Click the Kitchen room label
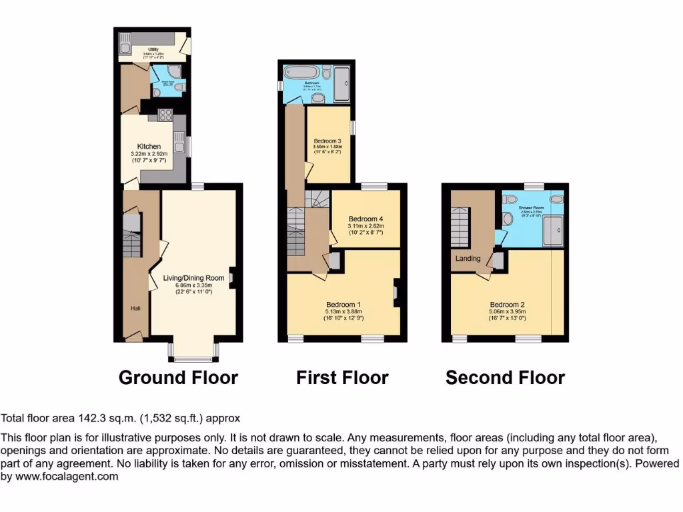149,146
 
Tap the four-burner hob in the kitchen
165,115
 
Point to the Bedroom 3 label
327,141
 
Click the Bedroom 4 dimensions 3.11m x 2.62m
366,226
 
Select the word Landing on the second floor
468,259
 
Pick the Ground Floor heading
178,378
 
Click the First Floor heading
342,378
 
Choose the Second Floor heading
505,378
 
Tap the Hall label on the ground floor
135,309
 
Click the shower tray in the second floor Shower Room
552,232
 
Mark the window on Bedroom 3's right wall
353,127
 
